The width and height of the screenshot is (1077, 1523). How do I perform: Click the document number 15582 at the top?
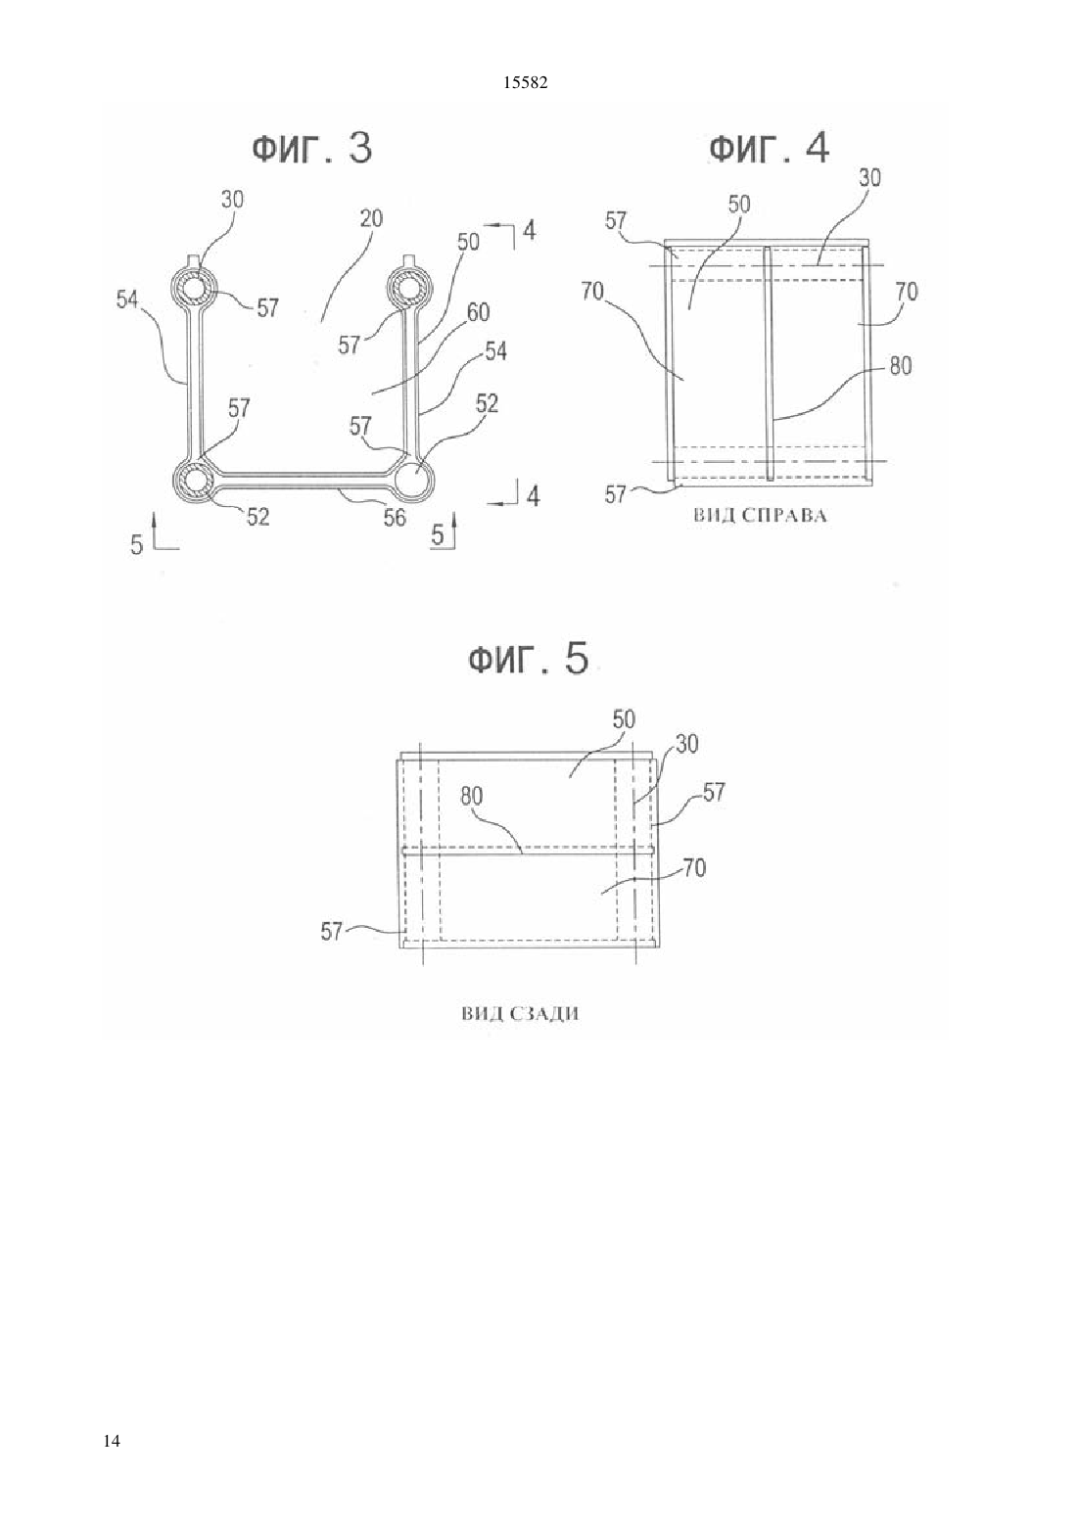[x=525, y=83]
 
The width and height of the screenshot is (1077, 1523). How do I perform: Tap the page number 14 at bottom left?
[x=113, y=1440]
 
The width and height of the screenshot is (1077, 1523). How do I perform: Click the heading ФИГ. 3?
[x=312, y=148]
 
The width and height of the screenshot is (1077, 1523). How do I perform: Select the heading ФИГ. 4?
[x=769, y=148]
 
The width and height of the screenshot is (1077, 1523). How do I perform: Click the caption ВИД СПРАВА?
[x=760, y=516]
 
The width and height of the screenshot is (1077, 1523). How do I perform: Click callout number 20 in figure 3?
[x=371, y=218]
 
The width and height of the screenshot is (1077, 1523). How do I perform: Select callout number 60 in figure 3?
[x=478, y=312]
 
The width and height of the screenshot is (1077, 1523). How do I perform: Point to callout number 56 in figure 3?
[x=395, y=518]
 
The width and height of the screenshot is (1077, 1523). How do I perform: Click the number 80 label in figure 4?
[x=900, y=366]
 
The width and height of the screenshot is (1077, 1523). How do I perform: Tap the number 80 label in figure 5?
[x=471, y=796]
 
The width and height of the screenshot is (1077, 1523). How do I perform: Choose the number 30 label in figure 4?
[x=869, y=178]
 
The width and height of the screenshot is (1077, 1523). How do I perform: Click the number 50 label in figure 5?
[x=624, y=719]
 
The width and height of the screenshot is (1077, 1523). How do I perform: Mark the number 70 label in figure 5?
[x=694, y=867]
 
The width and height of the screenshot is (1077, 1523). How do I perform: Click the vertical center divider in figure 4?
[x=769, y=364]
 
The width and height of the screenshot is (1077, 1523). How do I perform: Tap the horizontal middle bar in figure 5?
[x=529, y=850]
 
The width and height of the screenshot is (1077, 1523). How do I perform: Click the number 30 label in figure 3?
[x=233, y=200]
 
